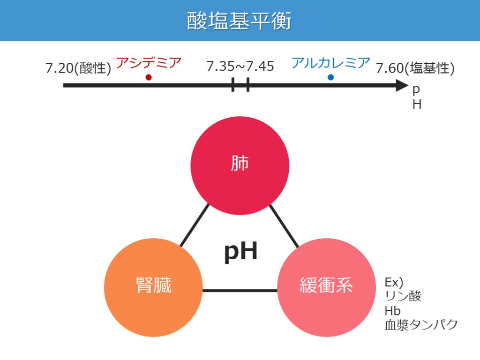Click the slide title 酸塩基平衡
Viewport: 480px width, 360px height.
pos(240,21)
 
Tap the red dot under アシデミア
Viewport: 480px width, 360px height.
pos(149,77)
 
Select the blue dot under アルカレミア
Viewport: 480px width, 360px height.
pos(330,77)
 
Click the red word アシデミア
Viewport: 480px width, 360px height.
pos(148,63)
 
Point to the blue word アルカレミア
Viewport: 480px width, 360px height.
pos(330,63)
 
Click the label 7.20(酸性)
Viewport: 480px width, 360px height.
pos(78,68)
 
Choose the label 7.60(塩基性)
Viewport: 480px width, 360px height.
pos(415,68)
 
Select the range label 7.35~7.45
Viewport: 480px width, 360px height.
pos(240,67)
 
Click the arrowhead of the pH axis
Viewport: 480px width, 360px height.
pos(402,85)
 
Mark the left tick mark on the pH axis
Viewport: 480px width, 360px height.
pos(233,85)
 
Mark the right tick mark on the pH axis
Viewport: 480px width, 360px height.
pos(247,85)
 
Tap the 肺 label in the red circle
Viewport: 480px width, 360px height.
pos(240,164)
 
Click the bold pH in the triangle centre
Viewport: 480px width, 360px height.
pos(240,252)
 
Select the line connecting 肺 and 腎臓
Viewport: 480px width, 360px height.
pos(195,225)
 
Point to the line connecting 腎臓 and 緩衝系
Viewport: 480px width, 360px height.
pos(240,291)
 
